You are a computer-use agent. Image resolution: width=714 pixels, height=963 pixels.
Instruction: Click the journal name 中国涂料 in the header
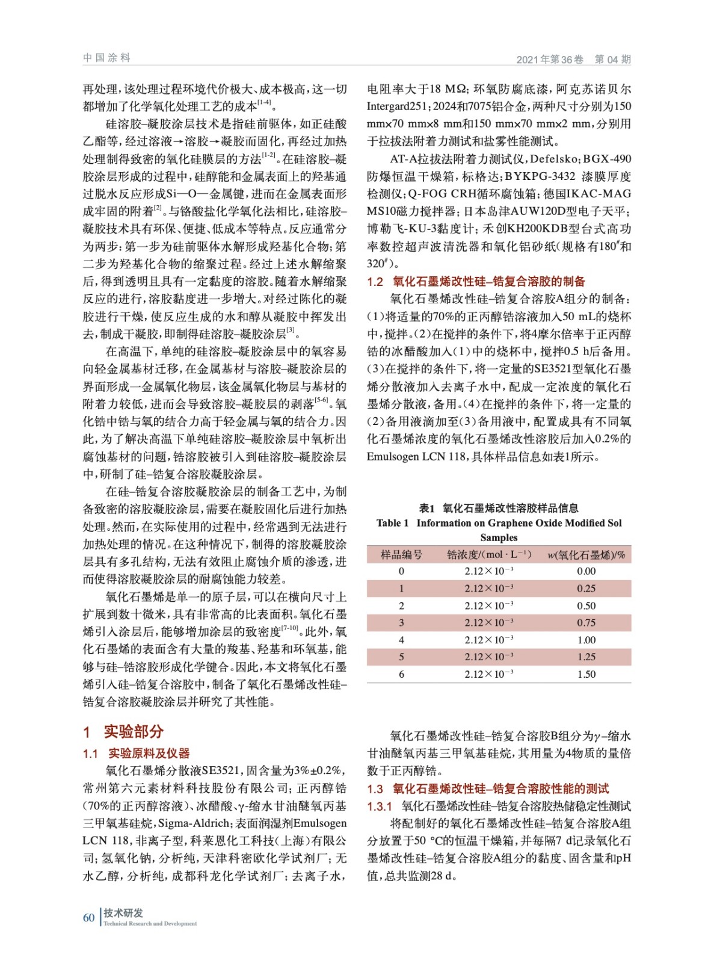pyautogui.click(x=106, y=58)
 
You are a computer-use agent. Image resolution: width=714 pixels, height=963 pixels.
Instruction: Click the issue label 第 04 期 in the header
pyautogui.click(x=612, y=59)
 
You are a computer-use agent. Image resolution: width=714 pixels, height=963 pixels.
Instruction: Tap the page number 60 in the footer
pyautogui.click(x=89, y=917)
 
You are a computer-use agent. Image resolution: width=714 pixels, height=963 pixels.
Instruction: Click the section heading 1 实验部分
pyautogui.click(x=123, y=732)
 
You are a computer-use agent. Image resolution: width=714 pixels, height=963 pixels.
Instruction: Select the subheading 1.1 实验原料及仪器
pyautogui.click(x=137, y=753)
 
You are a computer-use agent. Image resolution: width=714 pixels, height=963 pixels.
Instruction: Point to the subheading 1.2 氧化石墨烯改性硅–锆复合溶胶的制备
pyautogui.click(x=476, y=281)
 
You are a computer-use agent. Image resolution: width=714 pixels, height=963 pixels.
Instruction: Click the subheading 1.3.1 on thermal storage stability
pyautogui.click(x=499, y=806)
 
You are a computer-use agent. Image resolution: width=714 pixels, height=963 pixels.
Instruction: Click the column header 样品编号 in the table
pyautogui.click(x=401, y=554)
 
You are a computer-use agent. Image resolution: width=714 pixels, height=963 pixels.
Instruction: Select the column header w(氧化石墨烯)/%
pyautogui.click(x=586, y=554)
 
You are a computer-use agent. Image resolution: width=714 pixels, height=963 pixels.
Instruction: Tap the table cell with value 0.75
pyautogui.click(x=586, y=623)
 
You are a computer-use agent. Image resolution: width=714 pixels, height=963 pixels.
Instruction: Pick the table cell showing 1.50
pyautogui.click(x=586, y=674)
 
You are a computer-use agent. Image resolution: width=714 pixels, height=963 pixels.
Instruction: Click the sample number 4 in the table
pyautogui.click(x=401, y=640)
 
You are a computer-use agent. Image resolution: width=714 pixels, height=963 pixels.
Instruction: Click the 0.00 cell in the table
pyautogui.click(x=586, y=571)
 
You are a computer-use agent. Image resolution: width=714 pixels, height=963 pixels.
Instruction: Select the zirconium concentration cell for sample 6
pyautogui.click(x=488, y=674)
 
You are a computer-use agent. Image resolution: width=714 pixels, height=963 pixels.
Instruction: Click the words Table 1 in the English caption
pyautogui.click(x=392, y=523)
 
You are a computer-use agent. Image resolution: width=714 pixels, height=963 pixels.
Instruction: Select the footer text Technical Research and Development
pyautogui.click(x=150, y=923)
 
